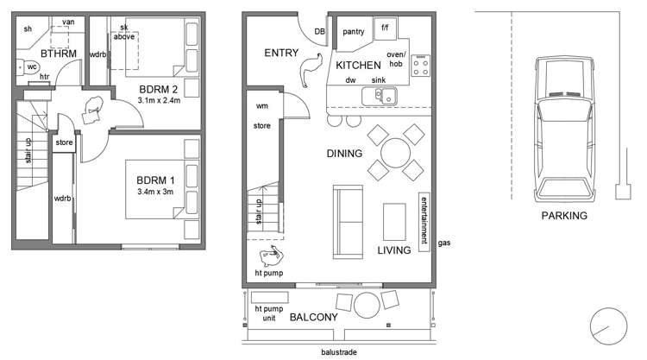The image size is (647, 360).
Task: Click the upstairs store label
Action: click(x=64, y=143)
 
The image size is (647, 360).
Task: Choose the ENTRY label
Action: click(x=281, y=54)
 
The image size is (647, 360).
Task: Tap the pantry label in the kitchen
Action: click(x=355, y=32)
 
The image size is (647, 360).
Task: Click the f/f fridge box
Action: click(x=385, y=28)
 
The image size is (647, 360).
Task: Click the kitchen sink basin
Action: click(x=381, y=95)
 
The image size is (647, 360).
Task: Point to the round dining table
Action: click(x=396, y=154)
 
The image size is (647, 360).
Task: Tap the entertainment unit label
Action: click(x=424, y=222)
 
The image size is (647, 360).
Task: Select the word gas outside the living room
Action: click(x=444, y=244)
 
